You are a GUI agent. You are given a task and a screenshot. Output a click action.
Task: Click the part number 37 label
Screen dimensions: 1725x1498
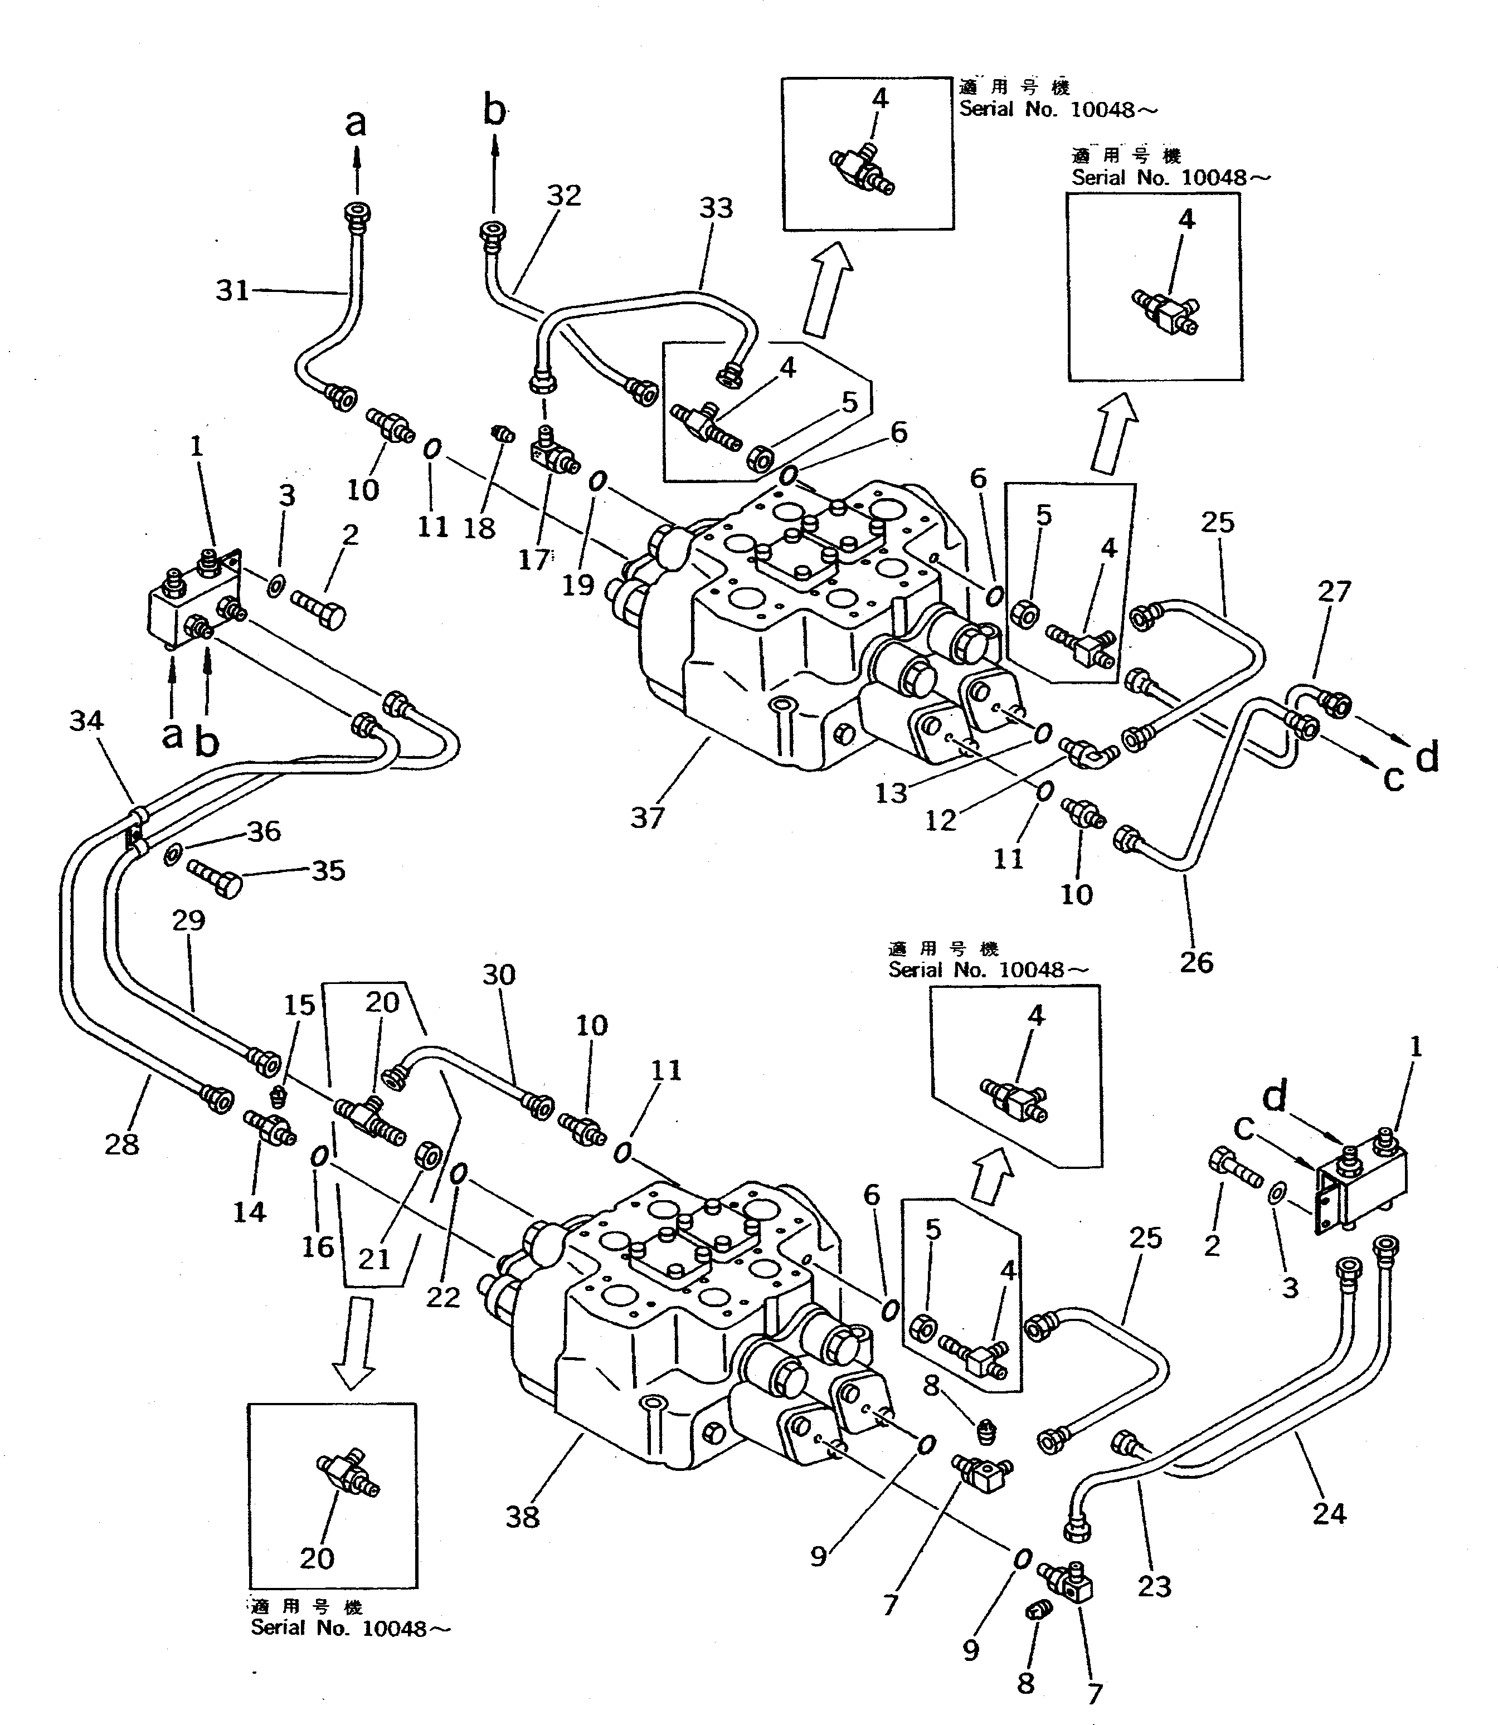point(647,817)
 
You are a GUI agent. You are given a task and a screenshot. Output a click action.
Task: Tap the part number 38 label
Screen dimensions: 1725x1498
point(523,1517)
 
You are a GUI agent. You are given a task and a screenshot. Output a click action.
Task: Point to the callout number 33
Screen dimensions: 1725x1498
point(716,208)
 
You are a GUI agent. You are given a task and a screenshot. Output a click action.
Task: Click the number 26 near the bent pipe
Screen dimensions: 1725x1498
point(1196,962)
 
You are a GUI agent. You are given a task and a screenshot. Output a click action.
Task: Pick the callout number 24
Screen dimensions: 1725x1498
point(1329,1513)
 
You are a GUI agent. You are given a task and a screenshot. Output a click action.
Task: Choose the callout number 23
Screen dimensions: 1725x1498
point(1155,1586)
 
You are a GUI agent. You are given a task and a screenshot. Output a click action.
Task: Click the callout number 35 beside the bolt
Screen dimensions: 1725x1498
point(329,870)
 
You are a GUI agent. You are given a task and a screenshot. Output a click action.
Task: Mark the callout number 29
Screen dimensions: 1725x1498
point(188,920)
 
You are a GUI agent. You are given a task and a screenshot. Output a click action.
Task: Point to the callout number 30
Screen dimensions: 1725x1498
point(499,974)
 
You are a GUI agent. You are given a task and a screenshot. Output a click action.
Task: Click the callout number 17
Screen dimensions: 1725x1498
point(533,559)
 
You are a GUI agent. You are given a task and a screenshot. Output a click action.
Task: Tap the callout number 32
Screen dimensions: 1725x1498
point(563,195)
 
